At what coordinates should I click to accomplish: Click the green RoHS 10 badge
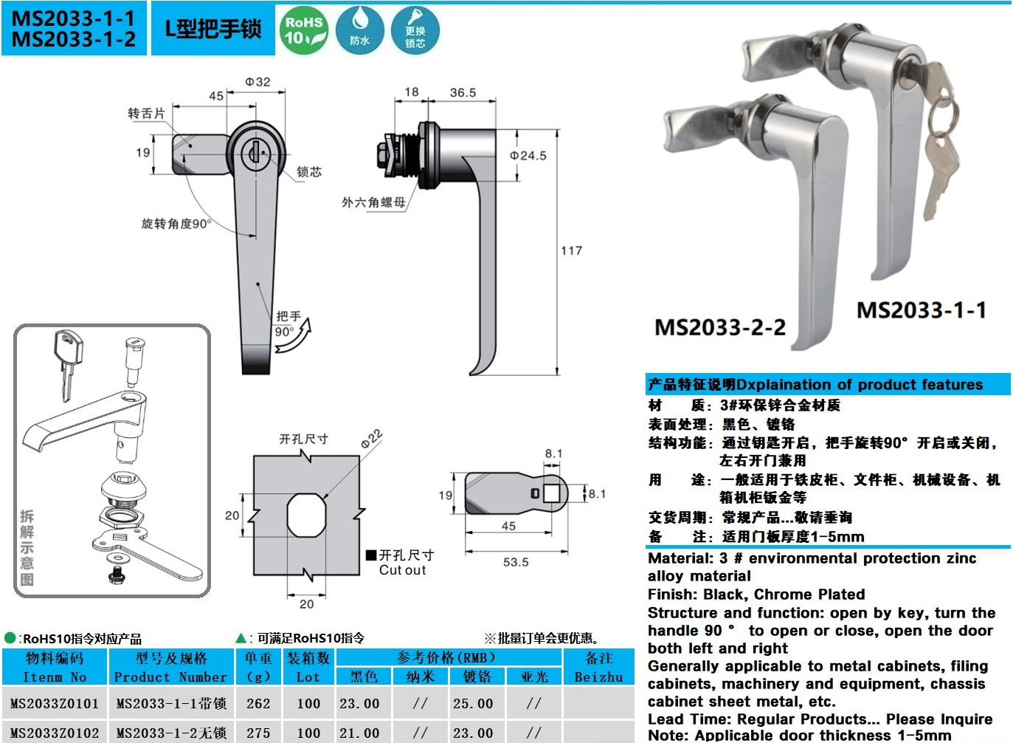click(x=304, y=30)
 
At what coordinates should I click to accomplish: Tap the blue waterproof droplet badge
click(x=359, y=30)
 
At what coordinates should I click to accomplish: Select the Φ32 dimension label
click(x=257, y=82)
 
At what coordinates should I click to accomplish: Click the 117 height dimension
click(x=572, y=251)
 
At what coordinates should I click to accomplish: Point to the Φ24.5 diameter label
click(x=528, y=156)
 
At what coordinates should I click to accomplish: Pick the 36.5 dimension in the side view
click(x=463, y=93)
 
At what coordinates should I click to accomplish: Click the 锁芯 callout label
click(x=309, y=171)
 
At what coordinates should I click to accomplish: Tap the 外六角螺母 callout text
click(x=373, y=202)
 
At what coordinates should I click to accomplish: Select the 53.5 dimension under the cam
click(x=516, y=562)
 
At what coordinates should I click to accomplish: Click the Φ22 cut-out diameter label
click(x=372, y=439)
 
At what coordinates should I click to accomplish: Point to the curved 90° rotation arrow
click(x=294, y=335)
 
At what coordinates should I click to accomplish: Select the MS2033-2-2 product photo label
click(x=720, y=327)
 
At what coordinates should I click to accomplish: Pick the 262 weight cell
click(x=258, y=703)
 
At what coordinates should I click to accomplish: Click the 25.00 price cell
click(x=473, y=703)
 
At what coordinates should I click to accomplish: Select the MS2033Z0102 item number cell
click(x=55, y=733)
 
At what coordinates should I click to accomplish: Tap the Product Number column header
click(x=170, y=677)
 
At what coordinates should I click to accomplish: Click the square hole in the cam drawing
click(x=552, y=493)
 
